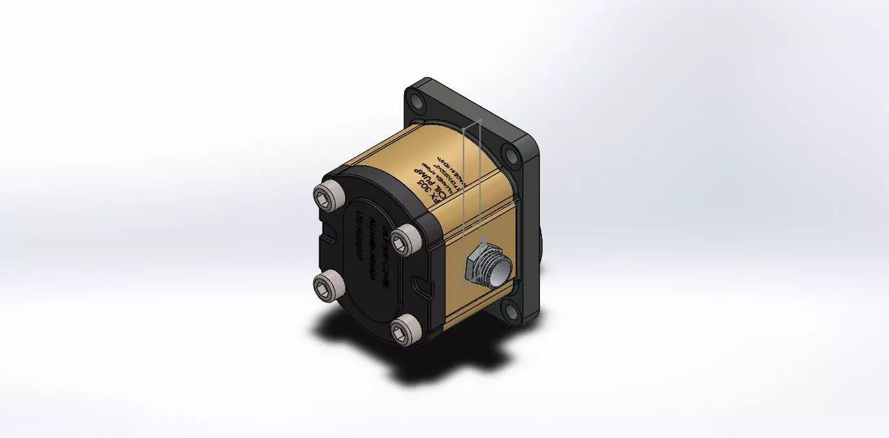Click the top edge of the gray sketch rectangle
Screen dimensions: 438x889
(x=471, y=124)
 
